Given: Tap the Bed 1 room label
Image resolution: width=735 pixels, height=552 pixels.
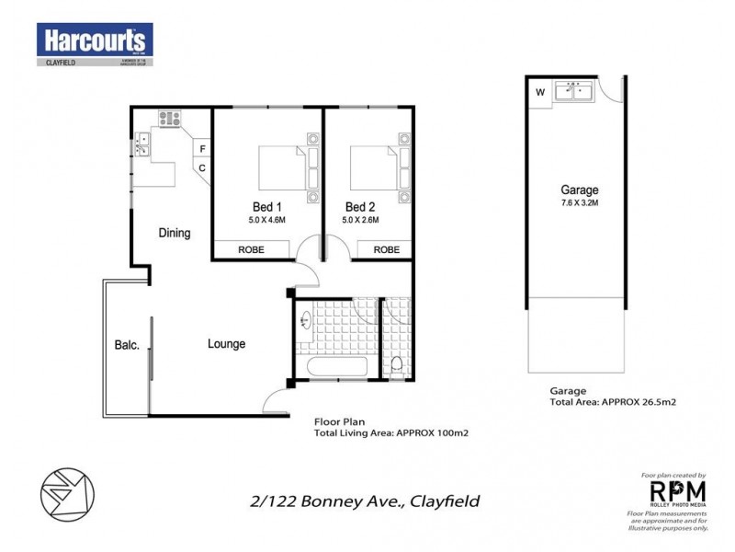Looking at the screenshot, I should click(266, 206).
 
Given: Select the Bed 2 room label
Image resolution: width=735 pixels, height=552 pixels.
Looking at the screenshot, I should click(360, 206).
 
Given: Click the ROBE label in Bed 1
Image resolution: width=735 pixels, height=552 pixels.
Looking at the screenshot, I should click(253, 249).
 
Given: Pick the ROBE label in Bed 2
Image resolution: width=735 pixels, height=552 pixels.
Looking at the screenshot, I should click(386, 249).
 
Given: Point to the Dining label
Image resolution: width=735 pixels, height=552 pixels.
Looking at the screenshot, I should click(174, 233).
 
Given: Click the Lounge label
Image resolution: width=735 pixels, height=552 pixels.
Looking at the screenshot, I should click(226, 344).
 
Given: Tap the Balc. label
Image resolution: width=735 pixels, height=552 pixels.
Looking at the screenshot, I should click(127, 346).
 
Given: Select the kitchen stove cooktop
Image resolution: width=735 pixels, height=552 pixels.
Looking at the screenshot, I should click(170, 118).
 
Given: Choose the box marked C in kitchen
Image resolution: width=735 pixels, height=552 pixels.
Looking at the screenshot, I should click(202, 167).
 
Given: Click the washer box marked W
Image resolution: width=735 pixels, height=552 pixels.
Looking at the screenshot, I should click(539, 91).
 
